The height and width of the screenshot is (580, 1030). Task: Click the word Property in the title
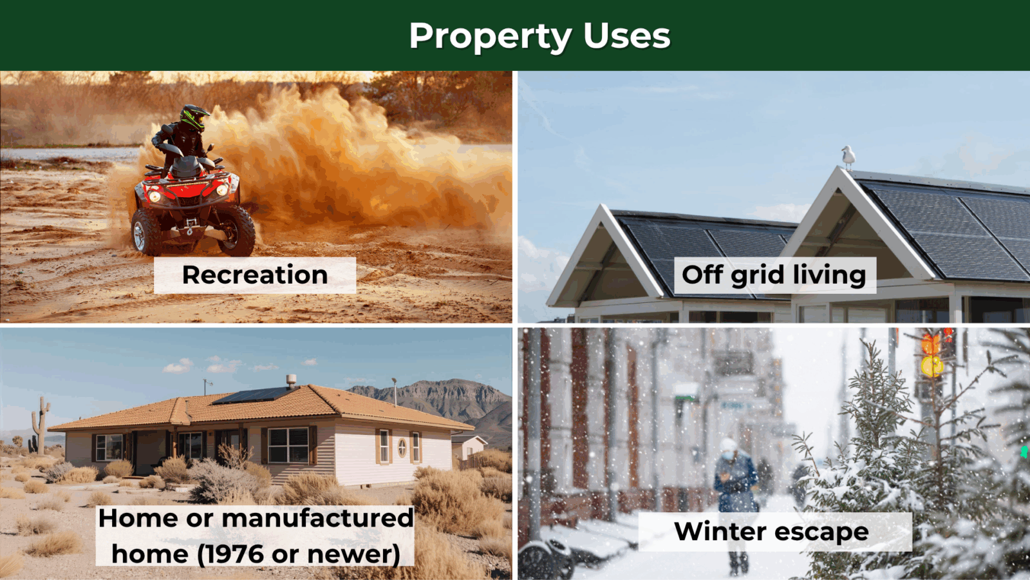tap(491, 36)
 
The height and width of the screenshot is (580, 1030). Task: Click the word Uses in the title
tap(627, 35)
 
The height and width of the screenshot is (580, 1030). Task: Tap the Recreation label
tap(255, 275)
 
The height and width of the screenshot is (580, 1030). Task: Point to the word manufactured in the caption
tap(318, 518)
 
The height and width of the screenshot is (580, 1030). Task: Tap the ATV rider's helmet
tap(194, 117)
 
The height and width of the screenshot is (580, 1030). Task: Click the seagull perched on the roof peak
tap(848, 157)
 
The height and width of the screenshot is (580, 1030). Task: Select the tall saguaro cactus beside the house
tap(41, 425)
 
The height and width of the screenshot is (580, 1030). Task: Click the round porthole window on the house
tap(402, 447)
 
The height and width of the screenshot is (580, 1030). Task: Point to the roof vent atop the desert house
tap(291, 380)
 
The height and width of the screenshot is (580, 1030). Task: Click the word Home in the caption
tap(138, 518)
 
